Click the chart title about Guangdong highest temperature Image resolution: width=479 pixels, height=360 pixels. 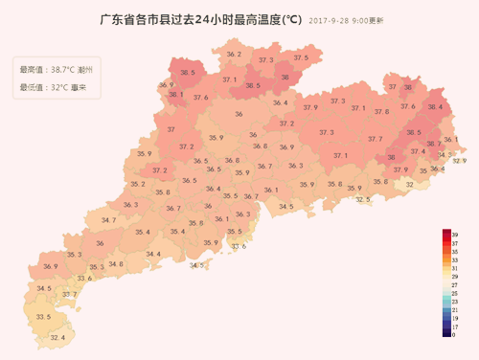(x=201, y=19)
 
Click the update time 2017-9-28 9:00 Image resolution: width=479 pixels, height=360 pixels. (x=347, y=20)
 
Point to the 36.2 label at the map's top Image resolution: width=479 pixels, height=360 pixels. (x=233, y=55)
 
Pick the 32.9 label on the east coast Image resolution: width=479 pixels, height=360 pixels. (x=459, y=161)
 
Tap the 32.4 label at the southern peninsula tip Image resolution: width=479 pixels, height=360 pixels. (x=57, y=338)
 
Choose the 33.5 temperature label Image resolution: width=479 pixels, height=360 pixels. (x=42, y=317)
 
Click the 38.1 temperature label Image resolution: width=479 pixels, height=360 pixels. (x=174, y=95)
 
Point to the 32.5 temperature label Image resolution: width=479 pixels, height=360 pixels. (x=363, y=199)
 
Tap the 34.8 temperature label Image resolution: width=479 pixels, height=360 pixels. (x=115, y=264)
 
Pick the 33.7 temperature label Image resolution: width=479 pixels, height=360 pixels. (x=69, y=295)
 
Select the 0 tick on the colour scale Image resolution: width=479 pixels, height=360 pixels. (x=454, y=335)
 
